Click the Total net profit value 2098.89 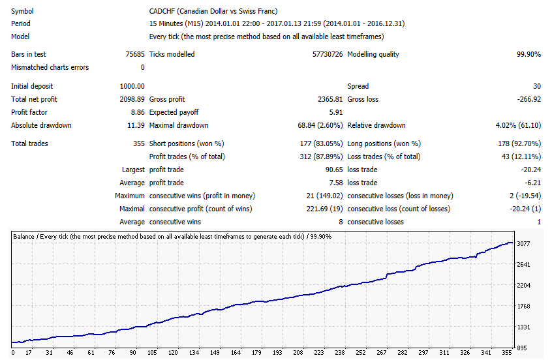[132, 99]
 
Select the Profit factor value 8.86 [138, 112]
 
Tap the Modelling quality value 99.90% [529, 54]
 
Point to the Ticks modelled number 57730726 [328, 54]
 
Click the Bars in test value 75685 [135, 54]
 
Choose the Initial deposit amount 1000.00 [132, 86]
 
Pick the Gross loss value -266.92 [529, 99]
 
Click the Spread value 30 [537, 86]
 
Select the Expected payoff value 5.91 [336, 112]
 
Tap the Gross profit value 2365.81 [330, 99]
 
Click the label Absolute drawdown [41, 125]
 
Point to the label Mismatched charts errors [50, 67]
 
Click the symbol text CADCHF [162, 11]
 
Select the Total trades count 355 [139, 143]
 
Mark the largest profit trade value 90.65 [334, 170]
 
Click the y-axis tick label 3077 [523, 243]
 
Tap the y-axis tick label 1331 [523, 327]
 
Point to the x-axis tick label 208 [298, 352]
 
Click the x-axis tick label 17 [29, 352]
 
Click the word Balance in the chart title [23, 237]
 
